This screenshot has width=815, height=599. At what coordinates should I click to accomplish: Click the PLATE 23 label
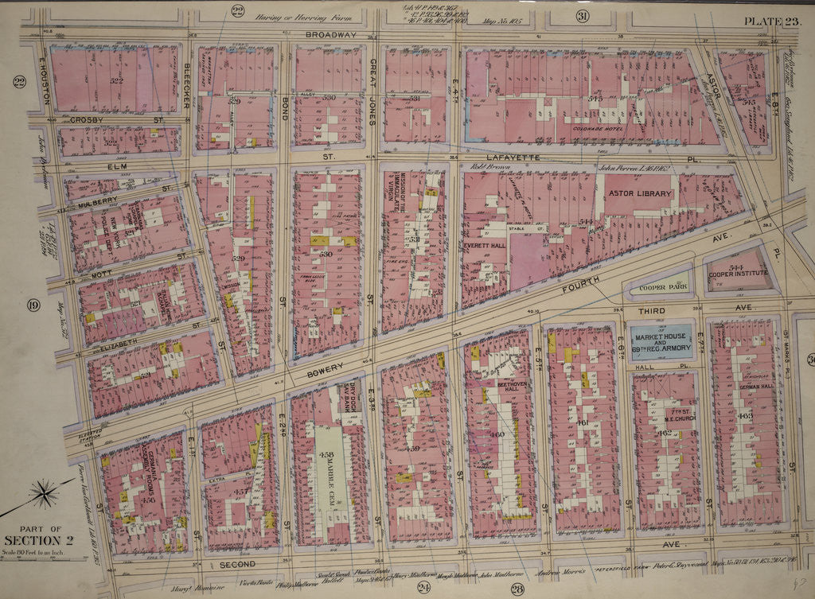click(x=768, y=21)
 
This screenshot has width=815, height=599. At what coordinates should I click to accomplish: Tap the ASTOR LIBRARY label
click(x=641, y=193)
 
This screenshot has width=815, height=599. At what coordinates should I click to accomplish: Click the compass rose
click(x=42, y=493)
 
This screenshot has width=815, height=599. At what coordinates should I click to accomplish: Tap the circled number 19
click(x=33, y=305)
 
